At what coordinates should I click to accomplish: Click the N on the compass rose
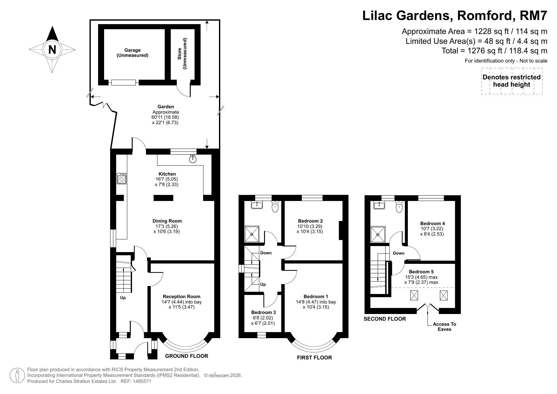pos(52,50)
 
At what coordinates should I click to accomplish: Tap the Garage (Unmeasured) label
pos(132,53)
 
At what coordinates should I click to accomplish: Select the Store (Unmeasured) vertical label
pos(182,54)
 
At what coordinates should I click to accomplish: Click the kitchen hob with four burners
pos(122,178)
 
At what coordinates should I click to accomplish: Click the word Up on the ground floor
pos(123,298)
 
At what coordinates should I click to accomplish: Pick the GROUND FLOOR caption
pos(187,356)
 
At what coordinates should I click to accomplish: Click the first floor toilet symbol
pos(275,207)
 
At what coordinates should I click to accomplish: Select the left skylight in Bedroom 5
pos(414,296)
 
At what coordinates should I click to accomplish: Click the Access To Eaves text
pos(444,327)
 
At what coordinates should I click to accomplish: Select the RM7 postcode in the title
pos(532,15)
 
